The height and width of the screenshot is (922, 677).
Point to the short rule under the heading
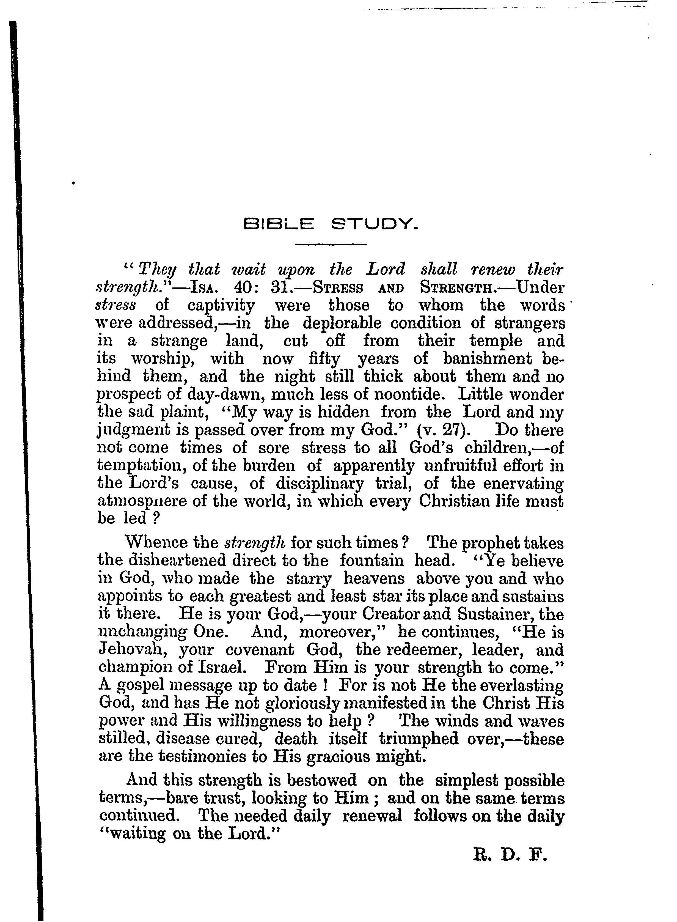click(x=331, y=245)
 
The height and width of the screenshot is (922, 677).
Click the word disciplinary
click(x=320, y=484)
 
